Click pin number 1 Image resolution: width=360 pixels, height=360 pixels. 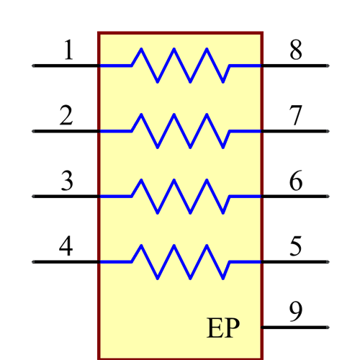pos(68,50)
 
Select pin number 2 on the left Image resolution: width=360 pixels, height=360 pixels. pos(66,116)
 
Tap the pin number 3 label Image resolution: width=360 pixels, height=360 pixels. pos(66,181)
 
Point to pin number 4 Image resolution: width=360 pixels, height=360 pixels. pos(66,247)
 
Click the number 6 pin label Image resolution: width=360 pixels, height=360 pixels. pos(296,181)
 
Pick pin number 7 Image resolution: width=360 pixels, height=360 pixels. pos(296,116)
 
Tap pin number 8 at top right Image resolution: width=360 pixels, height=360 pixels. pos(296,50)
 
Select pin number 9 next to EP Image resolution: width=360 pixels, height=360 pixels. pos(296,312)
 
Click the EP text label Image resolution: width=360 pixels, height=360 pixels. pos(223,328)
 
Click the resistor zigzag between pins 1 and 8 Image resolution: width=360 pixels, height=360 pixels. pos(180,66)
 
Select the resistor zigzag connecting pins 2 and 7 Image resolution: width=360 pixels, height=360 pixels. pos(180,131)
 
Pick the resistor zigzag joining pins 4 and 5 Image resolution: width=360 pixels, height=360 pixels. pos(180,262)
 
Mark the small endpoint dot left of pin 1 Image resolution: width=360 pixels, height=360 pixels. pos(32,66)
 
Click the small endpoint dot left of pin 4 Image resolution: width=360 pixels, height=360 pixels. pos(32,262)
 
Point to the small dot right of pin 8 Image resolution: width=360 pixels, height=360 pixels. pos(328,66)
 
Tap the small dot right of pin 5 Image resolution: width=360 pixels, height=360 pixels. pos(328,262)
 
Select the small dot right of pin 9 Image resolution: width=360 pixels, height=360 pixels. pos(328,328)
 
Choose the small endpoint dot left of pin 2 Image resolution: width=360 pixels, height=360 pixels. pos(32,131)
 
